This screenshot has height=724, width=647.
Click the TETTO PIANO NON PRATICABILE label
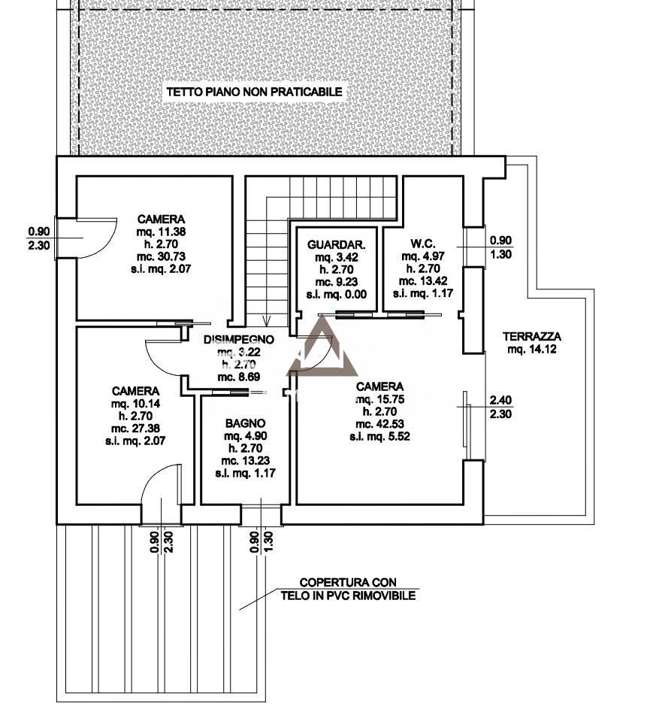pyautogui.click(x=254, y=92)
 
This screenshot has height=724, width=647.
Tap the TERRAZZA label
pyautogui.click(x=532, y=337)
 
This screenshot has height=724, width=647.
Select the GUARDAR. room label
pyautogui.click(x=337, y=244)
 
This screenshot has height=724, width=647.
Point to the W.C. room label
pyautogui.click(x=419, y=244)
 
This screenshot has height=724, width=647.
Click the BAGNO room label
pyautogui.click(x=243, y=423)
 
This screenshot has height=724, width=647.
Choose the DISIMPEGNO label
pyautogui.click(x=238, y=340)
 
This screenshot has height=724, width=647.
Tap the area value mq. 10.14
pyautogui.click(x=135, y=403)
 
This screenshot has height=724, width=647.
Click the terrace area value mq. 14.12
pyautogui.click(x=532, y=349)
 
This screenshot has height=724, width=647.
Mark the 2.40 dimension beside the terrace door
pyautogui.click(x=501, y=400)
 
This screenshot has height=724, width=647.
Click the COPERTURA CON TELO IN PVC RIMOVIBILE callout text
pyautogui.click(x=348, y=589)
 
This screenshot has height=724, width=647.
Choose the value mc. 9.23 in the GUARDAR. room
pyautogui.click(x=337, y=280)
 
